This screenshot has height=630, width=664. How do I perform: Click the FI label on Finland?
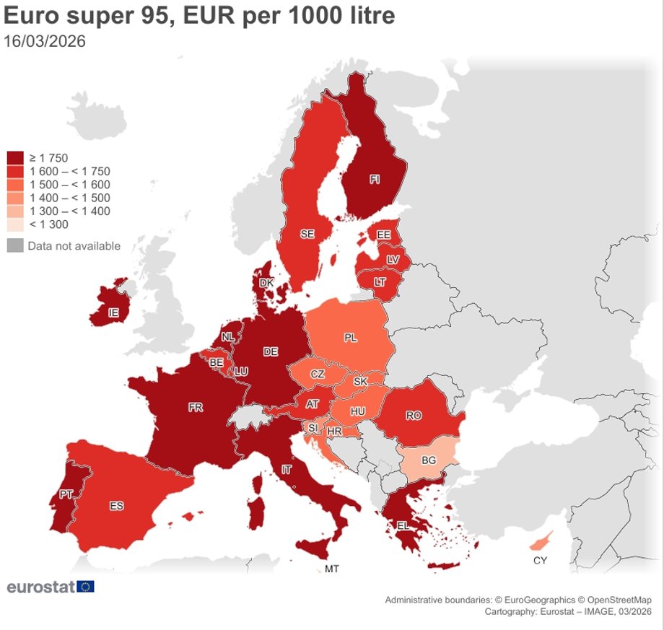[375, 180]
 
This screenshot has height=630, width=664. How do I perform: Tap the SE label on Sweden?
[307, 234]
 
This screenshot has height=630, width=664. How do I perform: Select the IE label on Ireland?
[113, 313]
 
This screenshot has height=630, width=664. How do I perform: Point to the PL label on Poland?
[351, 337]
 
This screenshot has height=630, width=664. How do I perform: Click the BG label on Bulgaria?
[428, 460]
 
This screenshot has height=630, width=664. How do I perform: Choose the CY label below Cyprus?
[540, 560]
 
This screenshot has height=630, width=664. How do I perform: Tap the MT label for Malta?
[331, 569]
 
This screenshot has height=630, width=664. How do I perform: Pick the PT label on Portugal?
[66, 494]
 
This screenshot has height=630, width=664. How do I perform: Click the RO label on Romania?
[414, 416]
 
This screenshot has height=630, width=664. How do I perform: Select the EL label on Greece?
[403, 525]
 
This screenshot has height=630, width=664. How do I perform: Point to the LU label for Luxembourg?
[241, 371]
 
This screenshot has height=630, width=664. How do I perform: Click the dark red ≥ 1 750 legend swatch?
[15, 158]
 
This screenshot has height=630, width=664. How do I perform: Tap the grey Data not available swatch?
[15, 245]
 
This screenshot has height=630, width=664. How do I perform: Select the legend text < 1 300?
[48, 224]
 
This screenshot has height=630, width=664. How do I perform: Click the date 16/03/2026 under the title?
[45, 41]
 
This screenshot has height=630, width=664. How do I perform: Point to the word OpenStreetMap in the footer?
[619, 600]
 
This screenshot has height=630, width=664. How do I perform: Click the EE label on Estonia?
[383, 235]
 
